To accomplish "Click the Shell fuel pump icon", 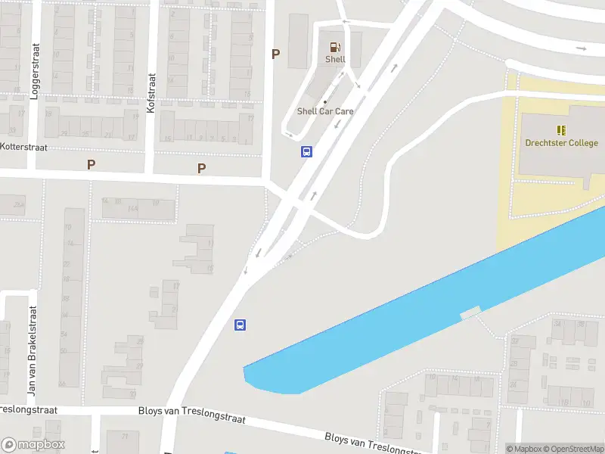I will click(x=335, y=46).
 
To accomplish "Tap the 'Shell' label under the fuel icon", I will click(x=335, y=59).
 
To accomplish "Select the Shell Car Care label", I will click(x=325, y=111).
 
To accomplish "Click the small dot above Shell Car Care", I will click(x=325, y=102).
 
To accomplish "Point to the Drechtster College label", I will click(x=562, y=143).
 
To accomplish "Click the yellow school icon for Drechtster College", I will click(x=562, y=130).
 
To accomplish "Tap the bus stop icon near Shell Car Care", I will click(x=306, y=151).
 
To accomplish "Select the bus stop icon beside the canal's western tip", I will click(x=240, y=325).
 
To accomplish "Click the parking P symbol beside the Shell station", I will click(x=275, y=54).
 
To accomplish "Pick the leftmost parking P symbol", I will click(x=92, y=164).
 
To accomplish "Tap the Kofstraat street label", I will click(x=151, y=93).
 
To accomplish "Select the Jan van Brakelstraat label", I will click(x=32, y=351).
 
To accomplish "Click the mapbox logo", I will click(x=33, y=445).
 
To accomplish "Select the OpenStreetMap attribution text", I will click(x=575, y=449).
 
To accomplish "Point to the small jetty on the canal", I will click(x=470, y=312).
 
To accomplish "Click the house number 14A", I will click(x=132, y=208).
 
